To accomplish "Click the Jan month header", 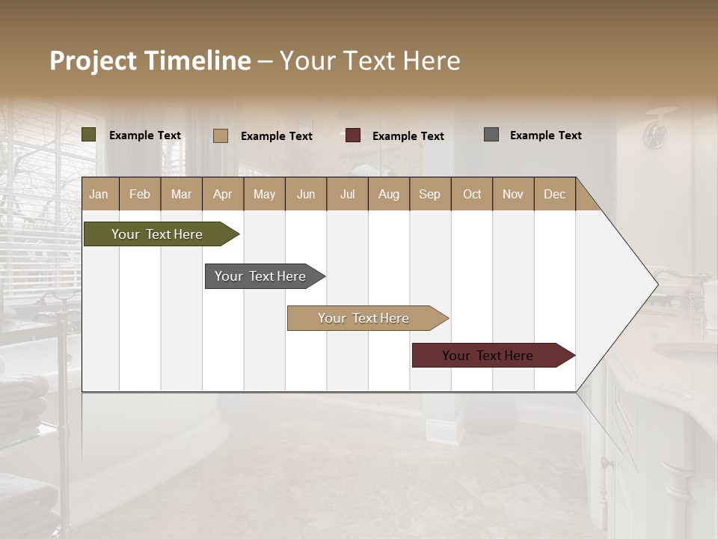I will pos(99,194).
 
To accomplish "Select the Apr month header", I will pos(223,194).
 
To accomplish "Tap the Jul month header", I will pos(347,194).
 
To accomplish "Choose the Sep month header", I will pos(430,194).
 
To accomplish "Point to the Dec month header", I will pos(554,194).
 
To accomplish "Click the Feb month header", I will pos(140,194).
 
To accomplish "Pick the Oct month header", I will pos(472,194).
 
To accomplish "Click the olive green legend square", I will pos(89,135).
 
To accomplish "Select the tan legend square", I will pos(221,135).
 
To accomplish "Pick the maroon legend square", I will pos(353,135).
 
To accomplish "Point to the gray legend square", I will pos(491,135).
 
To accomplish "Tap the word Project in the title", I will pos(93,61).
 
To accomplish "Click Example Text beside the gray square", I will pos(545,135).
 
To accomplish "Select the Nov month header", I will pos(513,194).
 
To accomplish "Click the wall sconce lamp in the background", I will pos(657,130).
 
